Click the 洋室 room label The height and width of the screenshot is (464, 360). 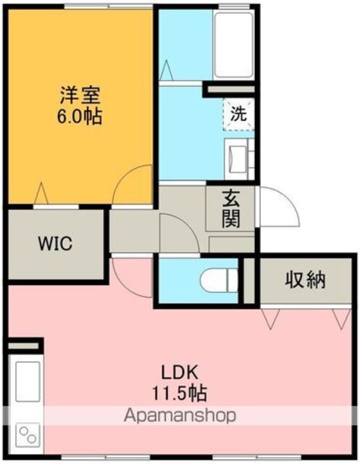click(80, 95)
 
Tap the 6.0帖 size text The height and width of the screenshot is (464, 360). click(80, 116)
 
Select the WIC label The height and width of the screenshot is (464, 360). click(55, 244)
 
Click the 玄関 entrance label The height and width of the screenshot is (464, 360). click(231, 209)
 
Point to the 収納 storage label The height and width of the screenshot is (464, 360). click(306, 279)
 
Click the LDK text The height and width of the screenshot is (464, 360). click(179, 373)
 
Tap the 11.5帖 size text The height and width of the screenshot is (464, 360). click(179, 393)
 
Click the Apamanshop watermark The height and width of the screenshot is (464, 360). click(180, 415)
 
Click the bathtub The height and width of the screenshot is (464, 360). click(233, 45)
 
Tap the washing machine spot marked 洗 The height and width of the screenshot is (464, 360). click(238, 115)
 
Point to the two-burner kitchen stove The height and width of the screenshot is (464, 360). click(28, 434)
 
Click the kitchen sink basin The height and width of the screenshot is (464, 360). click(28, 382)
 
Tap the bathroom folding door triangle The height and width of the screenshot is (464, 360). click(166, 70)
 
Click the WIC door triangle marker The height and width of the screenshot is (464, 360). click(41, 194)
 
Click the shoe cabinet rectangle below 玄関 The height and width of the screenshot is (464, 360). click(232, 244)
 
